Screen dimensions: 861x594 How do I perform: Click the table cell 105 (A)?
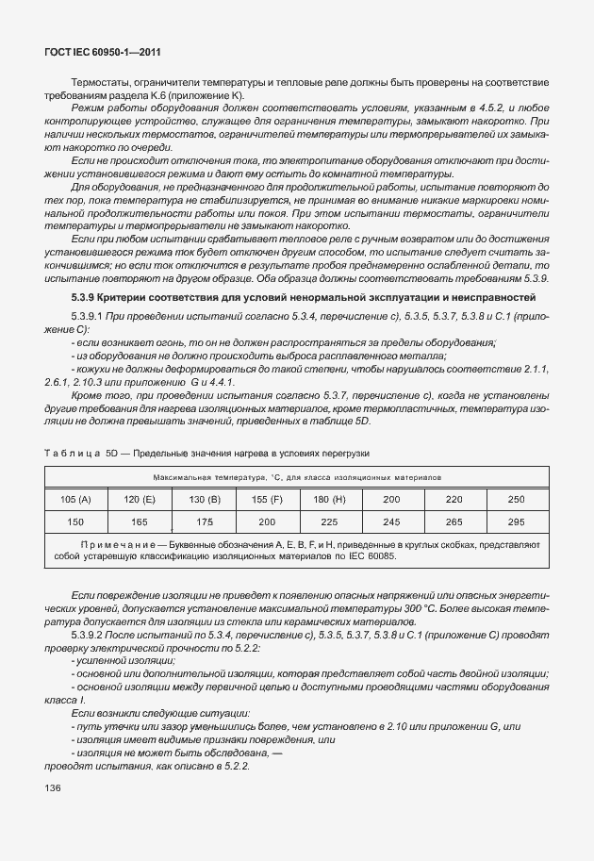pos(75,498)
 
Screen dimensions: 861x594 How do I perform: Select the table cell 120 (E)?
pos(140,498)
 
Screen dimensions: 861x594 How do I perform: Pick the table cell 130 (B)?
pos(204,498)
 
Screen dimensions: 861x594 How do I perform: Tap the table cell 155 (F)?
pos(267,498)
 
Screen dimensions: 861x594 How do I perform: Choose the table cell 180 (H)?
pos(330,498)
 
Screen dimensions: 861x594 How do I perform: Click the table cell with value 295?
pos(517,521)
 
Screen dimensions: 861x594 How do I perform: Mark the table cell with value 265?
pos(454,521)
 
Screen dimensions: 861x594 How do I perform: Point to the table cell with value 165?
pos(140,521)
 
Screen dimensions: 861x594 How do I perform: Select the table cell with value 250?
pos(517,498)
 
